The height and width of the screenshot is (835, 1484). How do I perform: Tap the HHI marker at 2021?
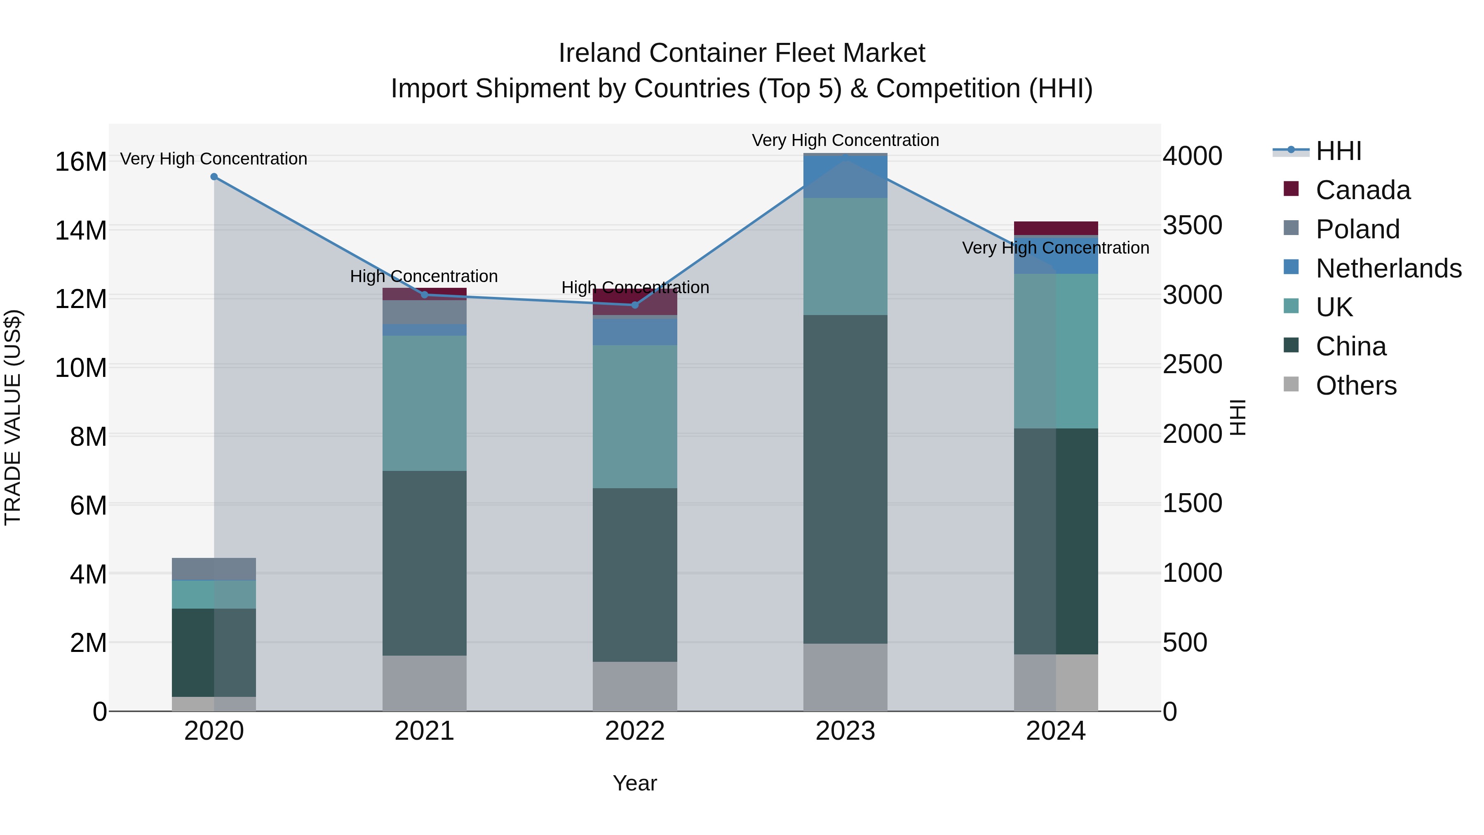click(425, 294)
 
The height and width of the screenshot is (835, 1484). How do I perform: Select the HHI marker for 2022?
click(635, 305)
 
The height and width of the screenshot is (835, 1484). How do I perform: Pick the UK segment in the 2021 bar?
click(425, 403)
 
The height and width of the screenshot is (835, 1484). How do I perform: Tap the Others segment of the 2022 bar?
click(635, 686)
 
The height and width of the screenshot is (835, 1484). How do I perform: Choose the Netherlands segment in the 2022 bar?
click(635, 332)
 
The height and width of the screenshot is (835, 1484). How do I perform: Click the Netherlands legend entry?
click(1388, 268)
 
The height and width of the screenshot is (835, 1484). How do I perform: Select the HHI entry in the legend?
click(1338, 151)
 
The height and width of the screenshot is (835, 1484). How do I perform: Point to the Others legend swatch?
click(1291, 384)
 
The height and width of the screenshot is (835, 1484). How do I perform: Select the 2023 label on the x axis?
click(845, 731)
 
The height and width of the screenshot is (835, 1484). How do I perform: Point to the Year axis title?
click(634, 783)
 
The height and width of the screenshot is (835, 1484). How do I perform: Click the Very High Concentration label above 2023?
click(845, 140)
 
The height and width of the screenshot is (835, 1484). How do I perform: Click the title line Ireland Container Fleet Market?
click(742, 53)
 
